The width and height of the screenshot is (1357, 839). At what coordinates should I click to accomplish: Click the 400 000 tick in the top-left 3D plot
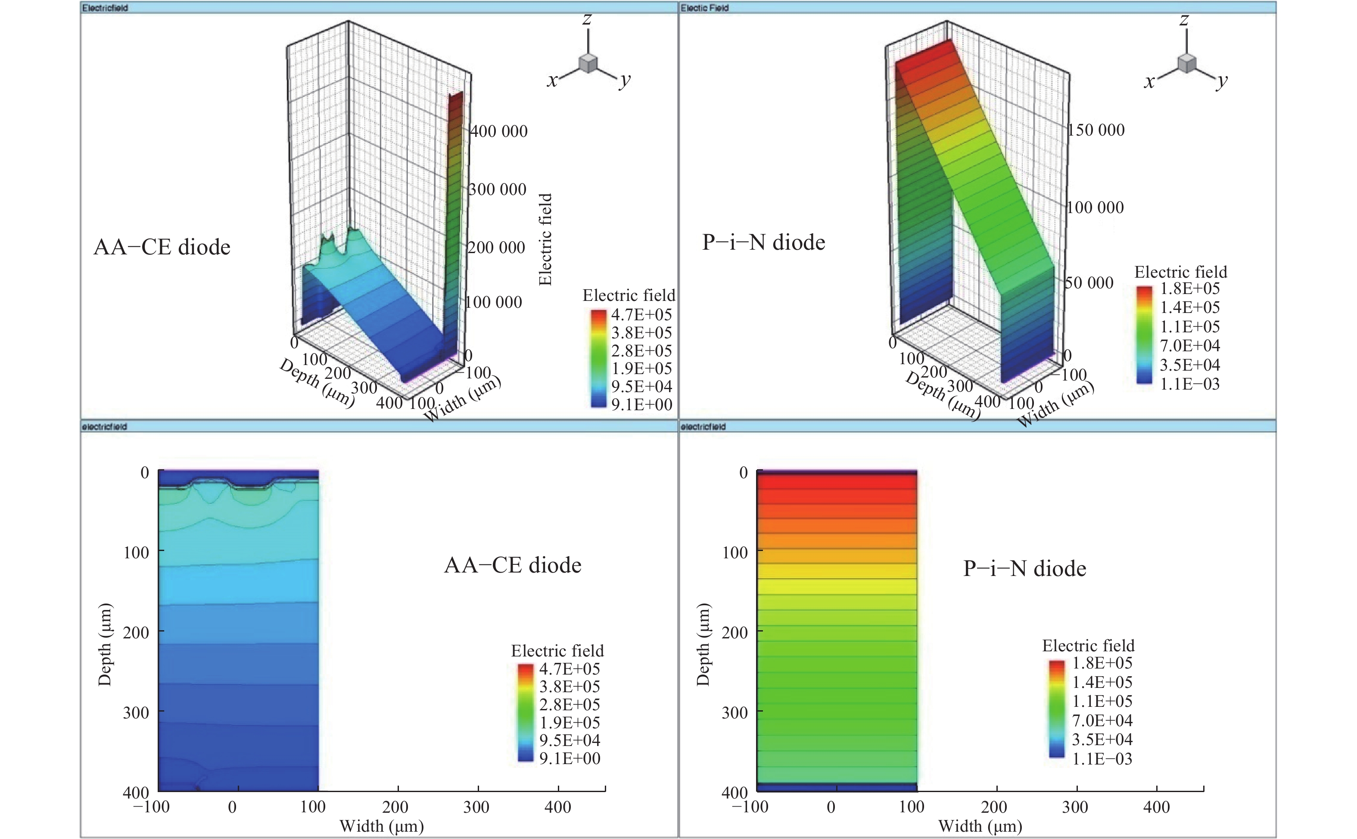click(498, 131)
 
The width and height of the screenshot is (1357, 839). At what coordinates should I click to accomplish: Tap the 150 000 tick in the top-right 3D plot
click(1096, 130)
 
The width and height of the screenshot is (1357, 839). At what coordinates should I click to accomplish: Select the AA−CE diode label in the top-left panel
click(162, 247)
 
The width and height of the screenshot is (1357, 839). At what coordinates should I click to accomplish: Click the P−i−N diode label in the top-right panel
click(763, 242)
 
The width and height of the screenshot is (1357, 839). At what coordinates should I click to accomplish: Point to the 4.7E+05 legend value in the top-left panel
click(641, 315)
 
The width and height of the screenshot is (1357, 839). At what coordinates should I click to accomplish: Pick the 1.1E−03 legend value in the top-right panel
click(1189, 384)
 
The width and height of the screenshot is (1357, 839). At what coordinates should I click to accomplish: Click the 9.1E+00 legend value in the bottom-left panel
click(570, 758)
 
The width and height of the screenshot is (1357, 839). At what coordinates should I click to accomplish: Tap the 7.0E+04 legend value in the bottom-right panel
click(1102, 721)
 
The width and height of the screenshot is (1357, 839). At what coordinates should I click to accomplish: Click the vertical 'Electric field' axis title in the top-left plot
click(545, 239)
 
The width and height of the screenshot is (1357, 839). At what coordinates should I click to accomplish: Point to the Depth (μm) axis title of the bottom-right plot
click(703, 644)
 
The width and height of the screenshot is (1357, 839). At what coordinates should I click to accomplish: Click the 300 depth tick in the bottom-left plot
click(136, 712)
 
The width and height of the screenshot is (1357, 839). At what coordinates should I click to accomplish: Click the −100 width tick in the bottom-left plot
click(151, 807)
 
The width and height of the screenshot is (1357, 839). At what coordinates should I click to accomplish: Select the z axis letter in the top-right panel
click(1184, 19)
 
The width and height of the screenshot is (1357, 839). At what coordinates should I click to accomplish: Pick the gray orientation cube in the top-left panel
click(588, 63)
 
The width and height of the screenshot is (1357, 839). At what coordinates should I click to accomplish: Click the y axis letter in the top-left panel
click(625, 80)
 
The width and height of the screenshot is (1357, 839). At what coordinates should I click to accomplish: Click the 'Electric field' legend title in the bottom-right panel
click(1088, 646)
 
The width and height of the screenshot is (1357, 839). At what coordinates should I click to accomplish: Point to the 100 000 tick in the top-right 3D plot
click(1095, 207)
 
